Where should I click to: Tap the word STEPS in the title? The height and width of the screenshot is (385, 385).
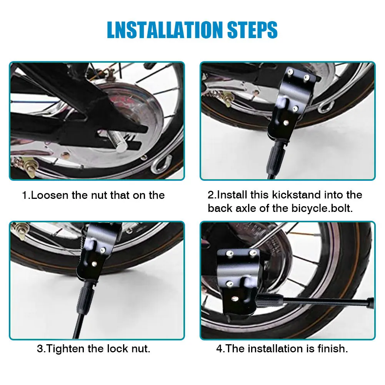[252, 30]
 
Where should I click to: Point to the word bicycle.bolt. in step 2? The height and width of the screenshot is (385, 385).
[322, 208]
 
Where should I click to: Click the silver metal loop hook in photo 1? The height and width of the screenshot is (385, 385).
[161, 164]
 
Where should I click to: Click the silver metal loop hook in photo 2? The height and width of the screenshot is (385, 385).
[326, 107]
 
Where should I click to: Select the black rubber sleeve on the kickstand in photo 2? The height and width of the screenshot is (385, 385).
[277, 157]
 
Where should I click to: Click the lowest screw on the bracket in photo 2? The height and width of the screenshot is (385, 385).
[286, 122]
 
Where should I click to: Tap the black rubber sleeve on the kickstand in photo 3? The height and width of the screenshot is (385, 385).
[86, 298]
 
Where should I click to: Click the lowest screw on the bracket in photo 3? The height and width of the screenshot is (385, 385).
[94, 264]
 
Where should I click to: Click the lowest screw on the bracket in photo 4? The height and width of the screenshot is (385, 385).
[235, 298]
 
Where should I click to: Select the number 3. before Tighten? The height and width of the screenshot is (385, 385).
[41, 349]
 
